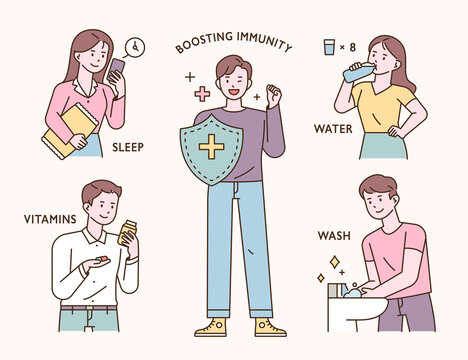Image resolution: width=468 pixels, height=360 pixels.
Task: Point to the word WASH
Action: point(333,237)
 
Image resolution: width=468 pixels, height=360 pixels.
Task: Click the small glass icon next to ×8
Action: point(329,46)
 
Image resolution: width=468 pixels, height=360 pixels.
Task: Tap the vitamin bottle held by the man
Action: point(128,232)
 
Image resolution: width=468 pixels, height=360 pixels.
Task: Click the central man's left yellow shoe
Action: point(211,327)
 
